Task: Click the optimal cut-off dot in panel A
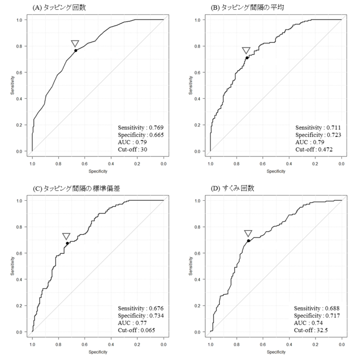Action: click(76, 50)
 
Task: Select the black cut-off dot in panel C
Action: click(67, 243)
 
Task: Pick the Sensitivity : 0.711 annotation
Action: click(320, 128)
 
